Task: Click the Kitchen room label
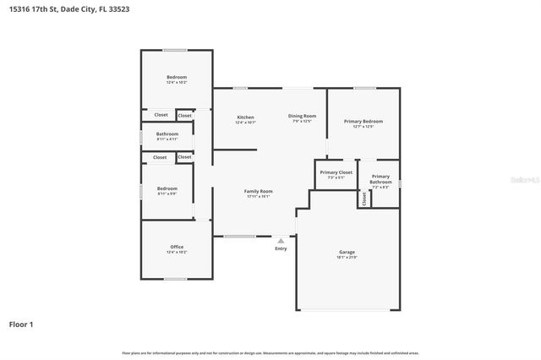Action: coord(245,117)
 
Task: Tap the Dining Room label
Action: coord(302,116)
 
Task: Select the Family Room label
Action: coord(258,191)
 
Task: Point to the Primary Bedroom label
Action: coord(363,121)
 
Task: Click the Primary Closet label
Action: coord(336,172)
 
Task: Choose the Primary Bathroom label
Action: coord(380,179)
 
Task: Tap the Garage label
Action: coord(347,252)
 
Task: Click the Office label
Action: coord(177,247)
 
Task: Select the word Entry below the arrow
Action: coord(281,248)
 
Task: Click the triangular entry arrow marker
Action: coord(281,240)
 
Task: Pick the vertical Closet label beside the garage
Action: coord(364,199)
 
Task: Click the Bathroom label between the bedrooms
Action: coord(167,134)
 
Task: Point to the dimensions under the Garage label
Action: coord(347,258)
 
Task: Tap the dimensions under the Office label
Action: coord(177,253)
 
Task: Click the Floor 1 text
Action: coord(22,324)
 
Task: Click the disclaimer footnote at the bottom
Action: coord(270,352)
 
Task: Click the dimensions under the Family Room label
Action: coord(258,197)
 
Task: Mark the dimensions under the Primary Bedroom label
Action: coord(363,127)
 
